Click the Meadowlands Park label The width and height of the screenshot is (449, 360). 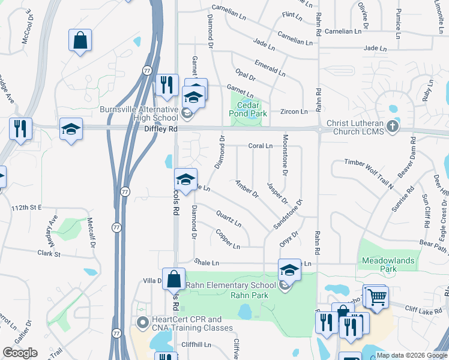(388, 265)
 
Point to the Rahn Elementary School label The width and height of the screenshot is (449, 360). (231, 285)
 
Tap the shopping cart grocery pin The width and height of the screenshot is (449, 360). (377, 296)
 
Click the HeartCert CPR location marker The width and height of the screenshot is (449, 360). (143, 323)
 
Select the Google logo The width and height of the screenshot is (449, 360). (20, 353)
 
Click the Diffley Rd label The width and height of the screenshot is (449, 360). (161, 128)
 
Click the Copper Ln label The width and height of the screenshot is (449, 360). (228, 239)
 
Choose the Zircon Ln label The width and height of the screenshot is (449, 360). (294, 112)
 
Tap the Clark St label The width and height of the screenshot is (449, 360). (49, 254)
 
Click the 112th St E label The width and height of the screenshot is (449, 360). (25, 207)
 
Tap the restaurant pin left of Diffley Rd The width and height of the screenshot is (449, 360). (21, 128)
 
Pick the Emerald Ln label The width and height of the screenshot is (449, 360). (270, 67)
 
